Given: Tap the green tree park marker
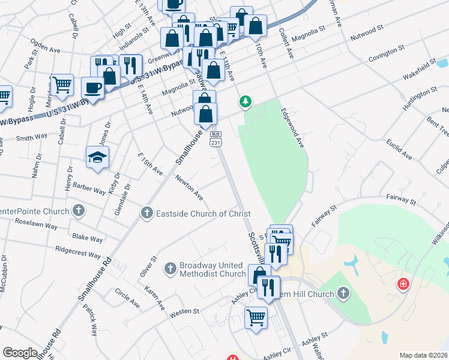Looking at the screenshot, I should pos(245,103).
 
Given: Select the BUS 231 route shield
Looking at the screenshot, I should pos(216,139).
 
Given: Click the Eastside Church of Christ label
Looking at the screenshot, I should pos(203,214).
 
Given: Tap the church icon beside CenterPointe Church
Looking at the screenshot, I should pos(78,211).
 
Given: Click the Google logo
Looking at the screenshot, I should pos(20,353).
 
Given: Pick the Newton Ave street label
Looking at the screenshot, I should pos(189,187).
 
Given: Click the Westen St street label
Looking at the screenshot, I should pos(184,311).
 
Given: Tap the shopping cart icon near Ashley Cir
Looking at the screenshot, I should pos(256,317).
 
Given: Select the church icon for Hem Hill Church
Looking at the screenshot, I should pos(343,293).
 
